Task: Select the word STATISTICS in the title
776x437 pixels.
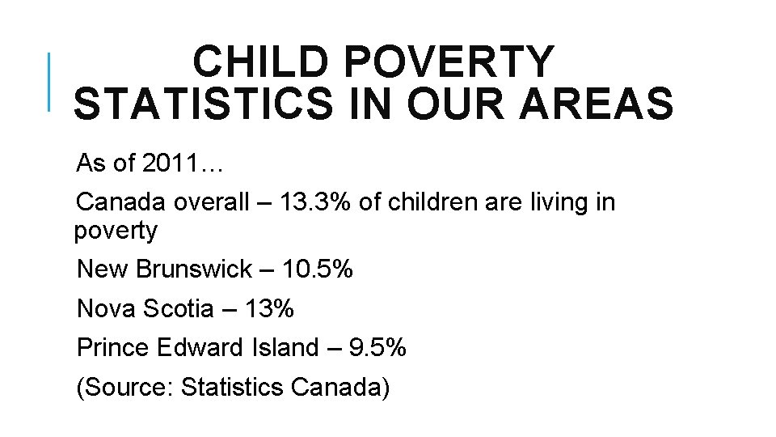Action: [x=202, y=105]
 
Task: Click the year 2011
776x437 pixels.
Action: [x=171, y=164]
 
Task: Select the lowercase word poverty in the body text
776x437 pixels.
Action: [x=116, y=231]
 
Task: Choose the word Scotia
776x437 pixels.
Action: [x=176, y=308]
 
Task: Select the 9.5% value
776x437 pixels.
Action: [x=377, y=348]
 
